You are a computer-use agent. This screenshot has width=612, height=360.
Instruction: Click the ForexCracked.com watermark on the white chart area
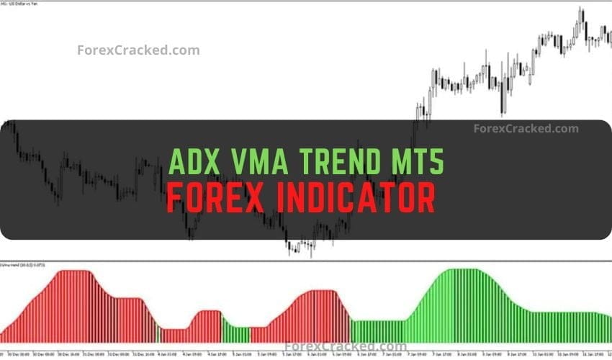[x=138, y=50]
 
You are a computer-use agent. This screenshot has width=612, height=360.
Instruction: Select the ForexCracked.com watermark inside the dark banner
[x=526, y=129]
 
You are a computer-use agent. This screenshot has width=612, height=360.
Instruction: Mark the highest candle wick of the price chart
[x=580, y=8]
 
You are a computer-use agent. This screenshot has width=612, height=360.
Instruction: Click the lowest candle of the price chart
[x=312, y=253]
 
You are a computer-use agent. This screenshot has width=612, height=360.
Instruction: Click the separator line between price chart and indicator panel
[x=306, y=261]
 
